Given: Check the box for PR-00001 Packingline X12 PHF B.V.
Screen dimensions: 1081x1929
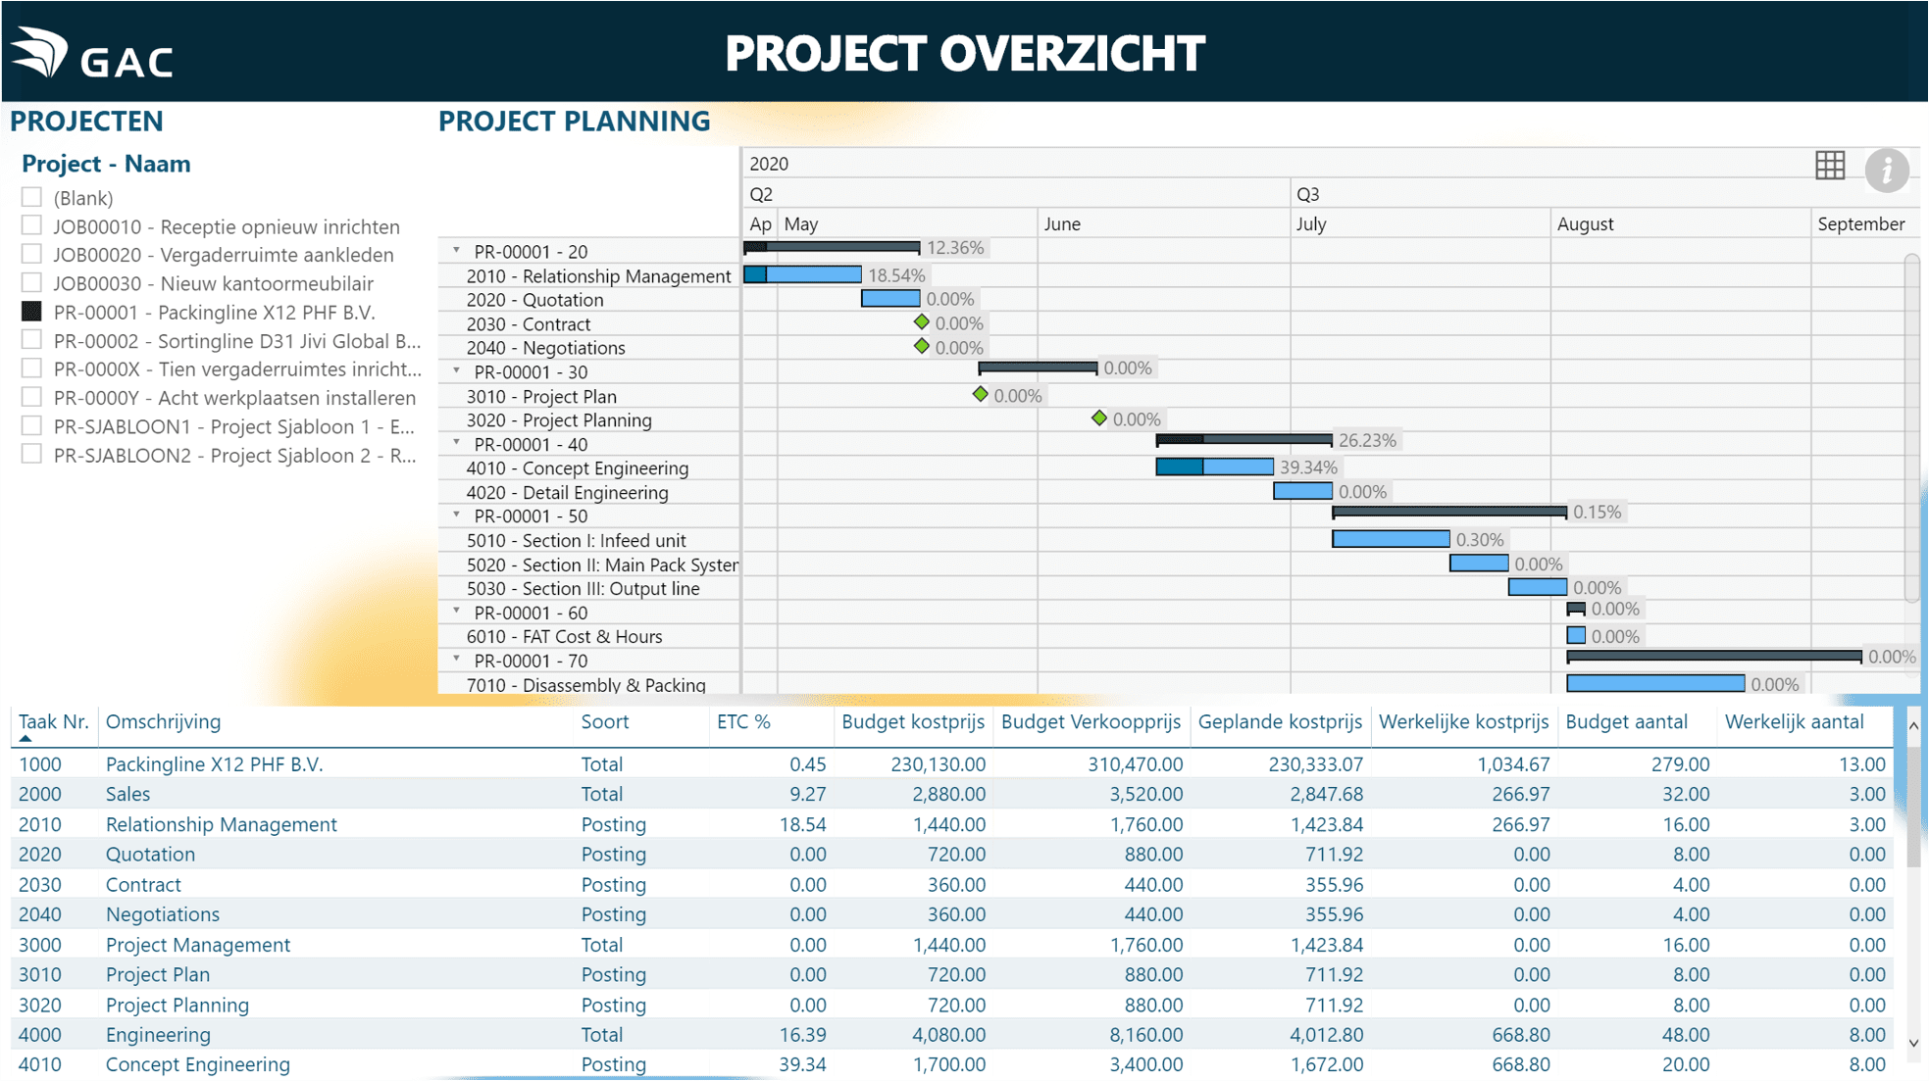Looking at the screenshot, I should (x=31, y=312).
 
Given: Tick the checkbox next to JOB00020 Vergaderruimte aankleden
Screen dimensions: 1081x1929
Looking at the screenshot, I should (x=31, y=254).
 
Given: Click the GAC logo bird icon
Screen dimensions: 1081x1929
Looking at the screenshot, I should (x=40, y=51).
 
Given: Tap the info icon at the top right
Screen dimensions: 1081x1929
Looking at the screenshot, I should (x=1886, y=170).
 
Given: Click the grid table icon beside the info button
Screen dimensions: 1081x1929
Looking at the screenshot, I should (x=1829, y=166).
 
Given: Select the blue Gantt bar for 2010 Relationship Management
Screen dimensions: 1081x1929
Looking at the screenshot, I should (x=802, y=275).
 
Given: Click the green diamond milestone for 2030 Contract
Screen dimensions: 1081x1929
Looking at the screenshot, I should (x=921, y=322).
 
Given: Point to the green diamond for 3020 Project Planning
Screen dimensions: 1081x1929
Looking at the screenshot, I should (x=1098, y=418).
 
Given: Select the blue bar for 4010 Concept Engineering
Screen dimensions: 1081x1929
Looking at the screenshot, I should (x=1214, y=467).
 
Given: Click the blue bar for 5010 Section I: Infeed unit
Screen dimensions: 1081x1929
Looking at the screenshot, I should (x=1390, y=539).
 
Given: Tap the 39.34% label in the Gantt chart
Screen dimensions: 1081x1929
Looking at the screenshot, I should (x=1308, y=467).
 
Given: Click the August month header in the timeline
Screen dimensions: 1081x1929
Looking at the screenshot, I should (x=1585, y=223).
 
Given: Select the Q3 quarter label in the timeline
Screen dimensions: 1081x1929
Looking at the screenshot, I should (x=1307, y=194).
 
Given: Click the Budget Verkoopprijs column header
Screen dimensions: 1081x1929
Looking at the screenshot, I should (x=1091, y=722).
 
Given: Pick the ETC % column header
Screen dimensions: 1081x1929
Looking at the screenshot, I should (x=743, y=722).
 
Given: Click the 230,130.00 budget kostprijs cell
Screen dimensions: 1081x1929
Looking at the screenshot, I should (x=938, y=764).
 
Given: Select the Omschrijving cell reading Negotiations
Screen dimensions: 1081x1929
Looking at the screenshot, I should (x=163, y=914).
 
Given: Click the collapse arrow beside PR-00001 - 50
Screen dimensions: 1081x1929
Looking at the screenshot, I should (x=456, y=516).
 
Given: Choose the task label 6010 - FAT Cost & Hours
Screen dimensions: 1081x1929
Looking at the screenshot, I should (x=564, y=637).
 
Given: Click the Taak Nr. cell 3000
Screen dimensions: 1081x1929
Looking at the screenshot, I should (x=40, y=945).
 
